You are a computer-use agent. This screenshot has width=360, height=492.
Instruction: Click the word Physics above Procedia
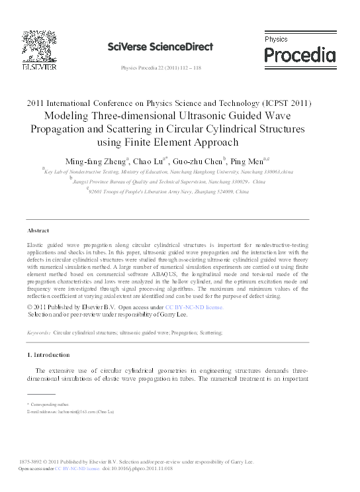point(276,40)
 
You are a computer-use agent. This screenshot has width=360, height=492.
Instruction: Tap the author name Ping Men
point(249,161)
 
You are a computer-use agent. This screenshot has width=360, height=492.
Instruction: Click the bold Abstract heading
point(38,230)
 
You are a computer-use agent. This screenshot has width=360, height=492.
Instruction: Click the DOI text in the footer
point(138,468)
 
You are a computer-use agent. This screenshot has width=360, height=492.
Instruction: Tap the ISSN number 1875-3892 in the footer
point(32,462)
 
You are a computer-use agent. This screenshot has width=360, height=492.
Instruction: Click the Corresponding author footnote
point(48,403)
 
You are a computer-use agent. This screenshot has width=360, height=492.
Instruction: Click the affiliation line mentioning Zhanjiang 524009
point(169,191)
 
